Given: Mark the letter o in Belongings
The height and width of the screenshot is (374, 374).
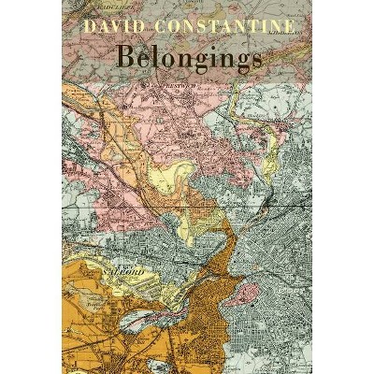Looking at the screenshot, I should pos(170,58).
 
